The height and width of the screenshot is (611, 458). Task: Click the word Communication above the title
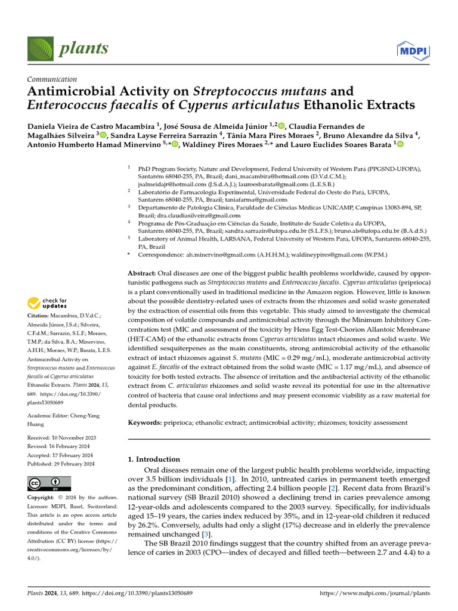pyautogui.click(x=52, y=79)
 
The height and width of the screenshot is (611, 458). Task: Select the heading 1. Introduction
pyautogui.click(x=154, y=459)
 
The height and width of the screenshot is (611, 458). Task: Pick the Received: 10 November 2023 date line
pyautogui.click(x=61, y=438)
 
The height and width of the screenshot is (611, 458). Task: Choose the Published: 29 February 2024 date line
pyautogui.click(x=61, y=464)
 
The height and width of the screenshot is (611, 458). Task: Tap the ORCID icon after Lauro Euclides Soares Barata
pyautogui.click(x=400, y=144)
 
